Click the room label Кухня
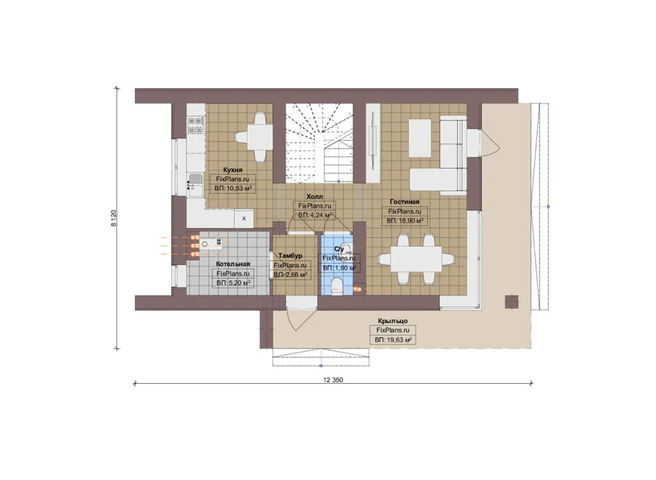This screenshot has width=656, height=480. (233, 170)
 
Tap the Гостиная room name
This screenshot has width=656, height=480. (404, 202)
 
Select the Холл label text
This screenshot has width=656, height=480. (315, 197)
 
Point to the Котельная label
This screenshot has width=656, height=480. (233, 264)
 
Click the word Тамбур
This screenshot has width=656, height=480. (290, 256)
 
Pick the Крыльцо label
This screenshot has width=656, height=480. (392, 320)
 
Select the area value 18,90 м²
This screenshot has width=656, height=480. (410, 221)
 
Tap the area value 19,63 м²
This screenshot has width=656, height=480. (399, 340)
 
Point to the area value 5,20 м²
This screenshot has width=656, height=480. (239, 283)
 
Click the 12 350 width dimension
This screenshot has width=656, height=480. (333, 380)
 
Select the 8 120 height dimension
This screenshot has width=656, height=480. (114, 219)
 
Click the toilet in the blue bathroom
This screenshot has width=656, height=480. (336, 286)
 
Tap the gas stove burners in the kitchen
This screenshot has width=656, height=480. (195, 125)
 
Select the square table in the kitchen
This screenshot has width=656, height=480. (259, 137)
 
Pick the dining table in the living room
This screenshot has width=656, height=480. (416, 259)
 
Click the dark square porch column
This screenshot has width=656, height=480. (512, 302)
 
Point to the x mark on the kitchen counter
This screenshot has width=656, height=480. (244, 219)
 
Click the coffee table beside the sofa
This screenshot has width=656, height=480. (420, 138)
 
